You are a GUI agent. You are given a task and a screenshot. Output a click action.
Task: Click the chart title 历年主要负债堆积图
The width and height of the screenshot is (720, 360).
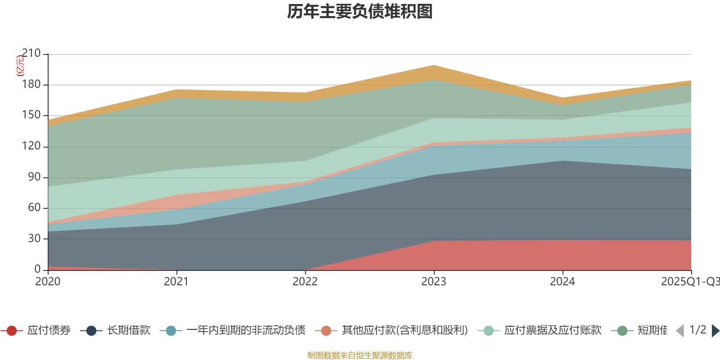360,12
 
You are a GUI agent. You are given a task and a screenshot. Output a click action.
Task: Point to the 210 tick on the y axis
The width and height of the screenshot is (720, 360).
31,54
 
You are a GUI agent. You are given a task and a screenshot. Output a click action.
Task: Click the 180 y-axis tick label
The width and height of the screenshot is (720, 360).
31,84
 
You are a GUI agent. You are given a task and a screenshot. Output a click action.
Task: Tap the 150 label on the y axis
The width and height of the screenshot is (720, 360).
31,115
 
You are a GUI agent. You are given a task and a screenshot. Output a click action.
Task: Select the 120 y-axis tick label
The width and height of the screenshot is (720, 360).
31,146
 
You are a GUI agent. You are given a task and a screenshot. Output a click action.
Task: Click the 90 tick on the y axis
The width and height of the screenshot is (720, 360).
34,177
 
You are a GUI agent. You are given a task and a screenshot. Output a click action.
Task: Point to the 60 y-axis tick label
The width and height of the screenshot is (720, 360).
34,207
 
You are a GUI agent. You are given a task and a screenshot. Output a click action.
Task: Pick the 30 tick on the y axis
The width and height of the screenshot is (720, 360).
34,238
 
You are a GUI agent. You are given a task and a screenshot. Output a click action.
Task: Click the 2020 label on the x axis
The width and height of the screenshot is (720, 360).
48,282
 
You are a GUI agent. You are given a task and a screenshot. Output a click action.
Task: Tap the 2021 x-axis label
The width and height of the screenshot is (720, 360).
176,282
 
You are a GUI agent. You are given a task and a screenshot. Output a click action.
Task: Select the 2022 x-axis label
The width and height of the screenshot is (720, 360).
305,282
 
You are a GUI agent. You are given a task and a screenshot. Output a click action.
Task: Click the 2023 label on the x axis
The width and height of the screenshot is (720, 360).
434,282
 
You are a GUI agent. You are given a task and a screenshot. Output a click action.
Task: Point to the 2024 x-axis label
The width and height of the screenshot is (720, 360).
562,282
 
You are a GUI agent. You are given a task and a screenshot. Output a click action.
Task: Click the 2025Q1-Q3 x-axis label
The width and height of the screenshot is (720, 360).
689,282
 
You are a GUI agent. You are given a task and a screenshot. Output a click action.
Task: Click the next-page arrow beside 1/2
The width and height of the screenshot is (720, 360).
715,331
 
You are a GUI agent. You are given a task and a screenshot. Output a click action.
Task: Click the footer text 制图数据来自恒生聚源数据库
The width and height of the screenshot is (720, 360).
360,355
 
